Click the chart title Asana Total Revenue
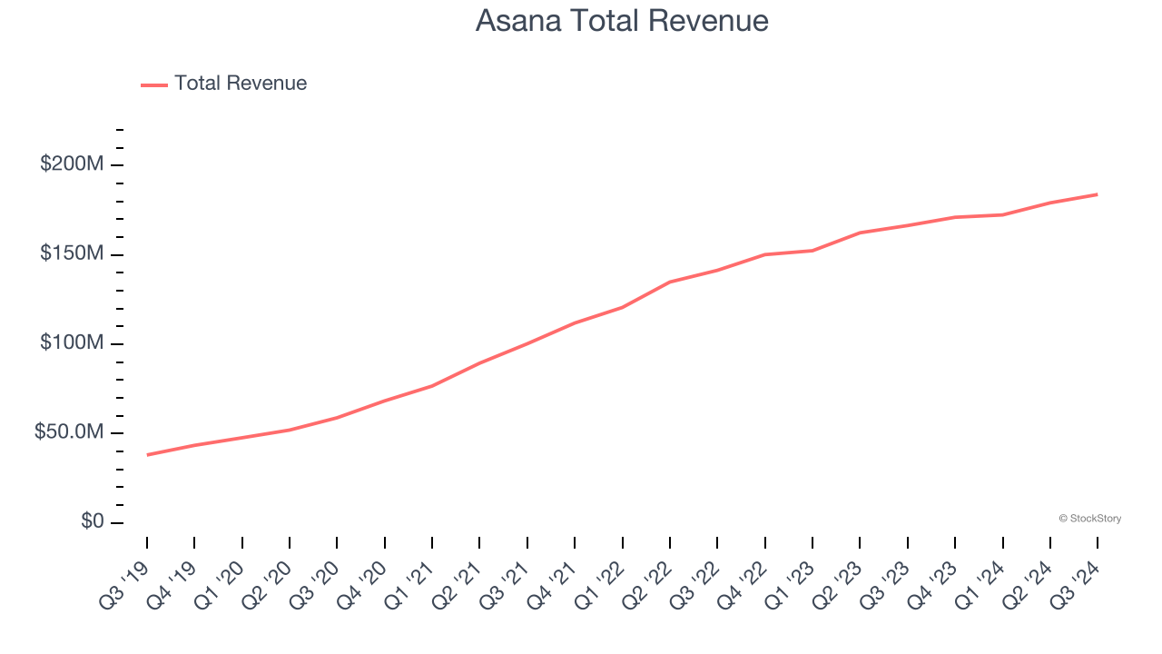pyautogui.click(x=622, y=21)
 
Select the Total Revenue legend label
pyautogui.click(x=241, y=84)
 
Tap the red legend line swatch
pyautogui.click(x=154, y=84)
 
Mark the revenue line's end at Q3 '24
pyautogui.click(x=1097, y=194)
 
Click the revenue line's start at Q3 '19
pyautogui.click(x=147, y=455)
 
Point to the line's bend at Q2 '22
pyautogui.click(x=670, y=282)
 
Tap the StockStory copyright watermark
pyautogui.click(x=1089, y=519)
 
